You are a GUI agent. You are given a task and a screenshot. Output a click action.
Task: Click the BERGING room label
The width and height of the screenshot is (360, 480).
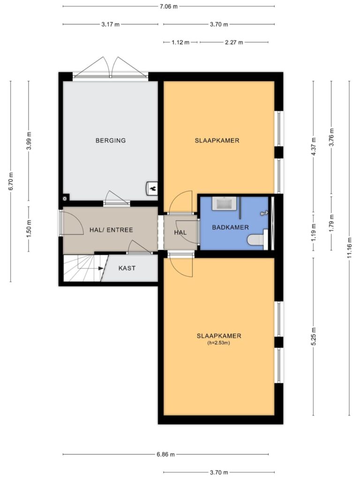(x=111, y=141)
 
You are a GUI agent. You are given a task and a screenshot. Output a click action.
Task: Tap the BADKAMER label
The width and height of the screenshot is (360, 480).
(x=231, y=227)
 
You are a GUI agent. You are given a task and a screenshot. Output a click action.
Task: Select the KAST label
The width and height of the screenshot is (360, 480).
(x=127, y=268)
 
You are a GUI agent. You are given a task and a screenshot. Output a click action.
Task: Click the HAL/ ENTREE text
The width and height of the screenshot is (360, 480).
(x=111, y=230)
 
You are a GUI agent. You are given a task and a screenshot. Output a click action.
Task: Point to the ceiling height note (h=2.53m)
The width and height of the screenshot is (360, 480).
(x=218, y=343)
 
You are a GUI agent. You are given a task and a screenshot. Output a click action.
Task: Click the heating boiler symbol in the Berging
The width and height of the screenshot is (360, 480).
(x=152, y=188)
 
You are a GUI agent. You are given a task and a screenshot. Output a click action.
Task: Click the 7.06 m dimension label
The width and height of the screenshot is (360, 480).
(x=169, y=7)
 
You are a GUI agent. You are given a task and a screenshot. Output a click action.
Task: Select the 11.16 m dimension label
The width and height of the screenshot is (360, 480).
(x=350, y=248)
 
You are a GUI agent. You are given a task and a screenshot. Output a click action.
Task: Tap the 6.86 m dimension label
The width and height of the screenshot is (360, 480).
(x=165, y=455)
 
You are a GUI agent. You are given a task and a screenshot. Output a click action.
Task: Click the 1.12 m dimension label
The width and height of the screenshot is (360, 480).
(x=180, y=42)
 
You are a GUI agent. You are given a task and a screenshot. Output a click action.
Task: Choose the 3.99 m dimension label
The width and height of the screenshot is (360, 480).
(x=29, y=140)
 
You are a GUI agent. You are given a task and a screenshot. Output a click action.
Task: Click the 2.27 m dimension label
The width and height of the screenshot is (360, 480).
(x=234, y=42)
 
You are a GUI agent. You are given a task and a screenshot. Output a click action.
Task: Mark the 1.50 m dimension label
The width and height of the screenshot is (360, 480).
(x=29, y=229)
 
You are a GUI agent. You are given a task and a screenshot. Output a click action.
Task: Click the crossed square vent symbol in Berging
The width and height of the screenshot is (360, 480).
(x=65, y=198)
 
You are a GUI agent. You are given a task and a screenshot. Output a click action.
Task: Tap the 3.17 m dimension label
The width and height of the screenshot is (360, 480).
(x=111, y=24)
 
